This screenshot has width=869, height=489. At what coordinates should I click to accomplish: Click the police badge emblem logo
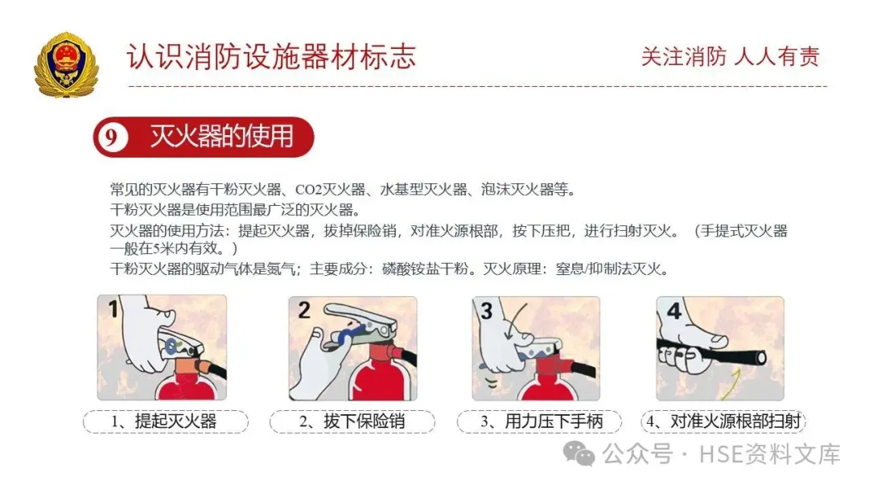(66, 64)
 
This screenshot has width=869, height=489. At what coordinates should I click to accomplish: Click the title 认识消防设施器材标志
(271, 57)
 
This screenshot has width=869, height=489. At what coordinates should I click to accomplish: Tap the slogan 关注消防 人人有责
(730, 56)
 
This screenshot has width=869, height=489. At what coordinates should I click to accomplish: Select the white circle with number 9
(111, 137)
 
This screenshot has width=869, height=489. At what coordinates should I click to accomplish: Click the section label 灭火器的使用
(222, 136)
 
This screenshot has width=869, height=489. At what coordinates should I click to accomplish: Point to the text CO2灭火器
(331, 190)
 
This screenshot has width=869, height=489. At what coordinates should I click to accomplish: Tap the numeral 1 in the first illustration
(113, 309)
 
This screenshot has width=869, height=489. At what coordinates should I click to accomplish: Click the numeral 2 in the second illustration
(303, 310)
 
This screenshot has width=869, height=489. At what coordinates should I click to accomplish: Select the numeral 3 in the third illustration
(487, 310)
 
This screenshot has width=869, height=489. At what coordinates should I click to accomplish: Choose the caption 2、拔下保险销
(352, 421)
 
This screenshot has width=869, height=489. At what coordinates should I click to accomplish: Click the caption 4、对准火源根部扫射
(723, 421)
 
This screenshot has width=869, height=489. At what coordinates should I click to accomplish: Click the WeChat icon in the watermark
(579, 454)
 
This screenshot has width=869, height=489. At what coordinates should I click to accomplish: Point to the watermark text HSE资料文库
(770, 454)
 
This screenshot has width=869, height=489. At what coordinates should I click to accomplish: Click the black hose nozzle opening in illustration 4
(761, 358)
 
